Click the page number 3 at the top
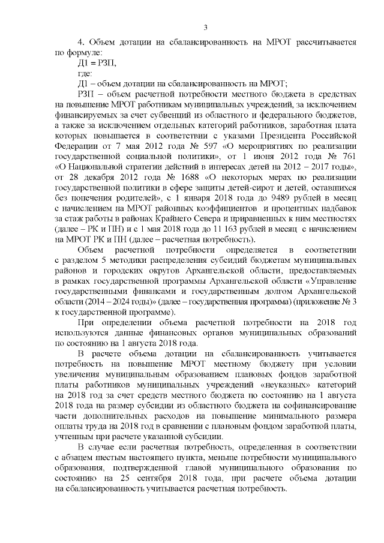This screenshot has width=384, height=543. [x=205, y=27]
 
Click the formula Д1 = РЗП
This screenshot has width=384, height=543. [x=94, y=62]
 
